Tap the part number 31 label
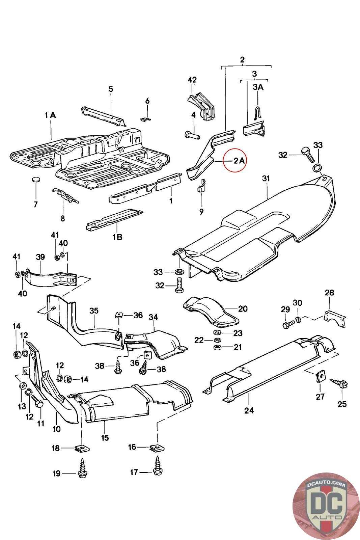[266, 179]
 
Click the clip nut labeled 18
[82, 448]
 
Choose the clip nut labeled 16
[157, 447]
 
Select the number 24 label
[249, 410]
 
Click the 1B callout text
[118, 237]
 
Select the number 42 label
[192, 80]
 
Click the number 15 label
[105, 437]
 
